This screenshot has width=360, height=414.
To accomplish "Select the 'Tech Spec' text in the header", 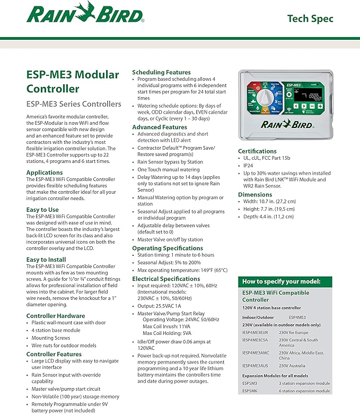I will pos(310,19).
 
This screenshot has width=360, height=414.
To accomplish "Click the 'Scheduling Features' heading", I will pos(161,72).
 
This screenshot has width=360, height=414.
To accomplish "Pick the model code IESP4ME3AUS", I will pos(256,366).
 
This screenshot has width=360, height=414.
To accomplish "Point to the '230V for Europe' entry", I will pos(298,332).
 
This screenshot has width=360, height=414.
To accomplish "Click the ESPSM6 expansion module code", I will pos(250,391).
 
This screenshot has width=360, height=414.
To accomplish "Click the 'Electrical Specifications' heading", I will pos(166,279).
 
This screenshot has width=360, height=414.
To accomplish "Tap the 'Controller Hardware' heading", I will pos(56,316).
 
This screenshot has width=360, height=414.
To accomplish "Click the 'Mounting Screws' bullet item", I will pos(51,338).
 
